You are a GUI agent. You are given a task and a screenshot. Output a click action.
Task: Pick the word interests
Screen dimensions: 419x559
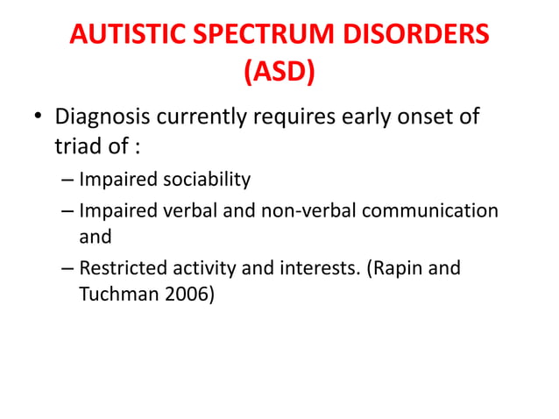(x=312, y=268)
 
